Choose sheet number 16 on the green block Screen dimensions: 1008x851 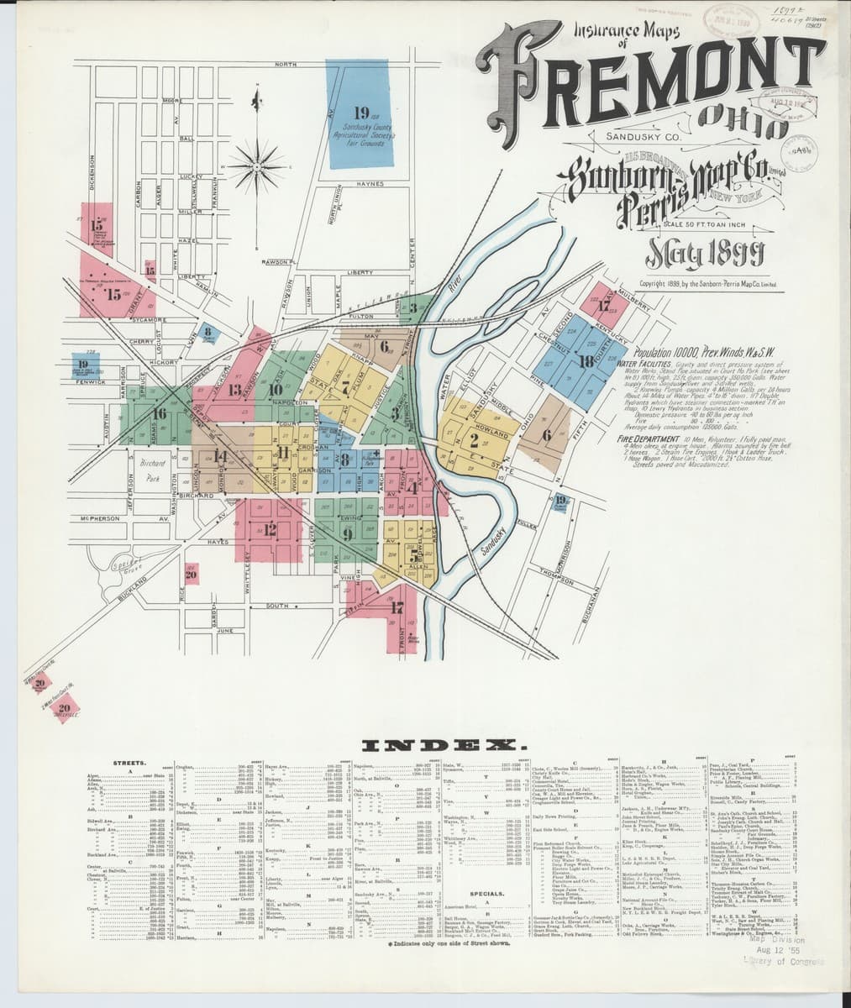click(x=159, y=413)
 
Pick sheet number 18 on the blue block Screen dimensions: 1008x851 click(x=586, y=362)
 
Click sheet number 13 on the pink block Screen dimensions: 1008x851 click(x=235, y=390)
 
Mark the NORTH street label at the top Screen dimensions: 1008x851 click(x=286, y=65)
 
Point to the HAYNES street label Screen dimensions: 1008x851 click(x=370, y=183)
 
